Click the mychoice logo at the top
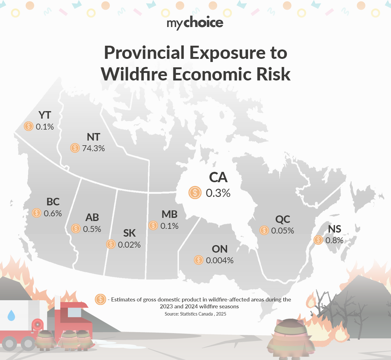coord(195,23)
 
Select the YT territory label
coord(45,115)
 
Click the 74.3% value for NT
coord(93,148)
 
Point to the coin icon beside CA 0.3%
coord(195,193)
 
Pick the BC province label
coord(53,202)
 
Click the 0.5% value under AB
coord(92,229)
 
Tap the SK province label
coord(129,233)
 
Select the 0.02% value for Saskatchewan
coord(129,244)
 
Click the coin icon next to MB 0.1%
coord(153,225)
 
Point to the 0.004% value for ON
coord(220,260)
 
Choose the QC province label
coord(282,219)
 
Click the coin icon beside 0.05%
coord(264,230)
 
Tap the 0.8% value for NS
coord(334,240)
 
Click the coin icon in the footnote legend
coord(100,299)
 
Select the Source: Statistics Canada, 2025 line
coord(195,314)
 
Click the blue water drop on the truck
coord(11,316)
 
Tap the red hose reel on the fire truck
coord(37,325)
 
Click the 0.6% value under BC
coord(53,213)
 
